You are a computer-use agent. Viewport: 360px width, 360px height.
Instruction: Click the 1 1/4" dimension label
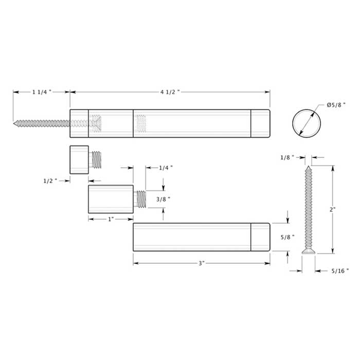tap(41, 92)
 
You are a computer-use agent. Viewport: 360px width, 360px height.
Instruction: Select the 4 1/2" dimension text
tap(170, 92)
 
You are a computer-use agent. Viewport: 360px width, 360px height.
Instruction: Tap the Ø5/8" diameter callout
tap(336, 105)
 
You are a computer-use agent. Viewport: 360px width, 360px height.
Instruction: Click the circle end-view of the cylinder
tap(307, 123)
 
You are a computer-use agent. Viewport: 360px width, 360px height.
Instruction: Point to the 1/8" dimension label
tap(288, 157)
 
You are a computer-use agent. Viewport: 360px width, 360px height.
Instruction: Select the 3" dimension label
tap(201, 263)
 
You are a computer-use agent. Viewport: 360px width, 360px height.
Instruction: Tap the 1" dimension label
tap(111, 219)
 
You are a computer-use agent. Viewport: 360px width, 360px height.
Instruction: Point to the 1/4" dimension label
tap(166, 168)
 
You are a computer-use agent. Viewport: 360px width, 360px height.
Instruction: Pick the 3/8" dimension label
tap(163, 199)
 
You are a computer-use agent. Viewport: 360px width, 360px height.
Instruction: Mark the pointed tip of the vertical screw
tap(308, 167)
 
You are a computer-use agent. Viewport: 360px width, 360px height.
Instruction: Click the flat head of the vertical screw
tap(308, 251)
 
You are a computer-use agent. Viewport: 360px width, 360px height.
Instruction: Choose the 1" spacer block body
tap(111, 199)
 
